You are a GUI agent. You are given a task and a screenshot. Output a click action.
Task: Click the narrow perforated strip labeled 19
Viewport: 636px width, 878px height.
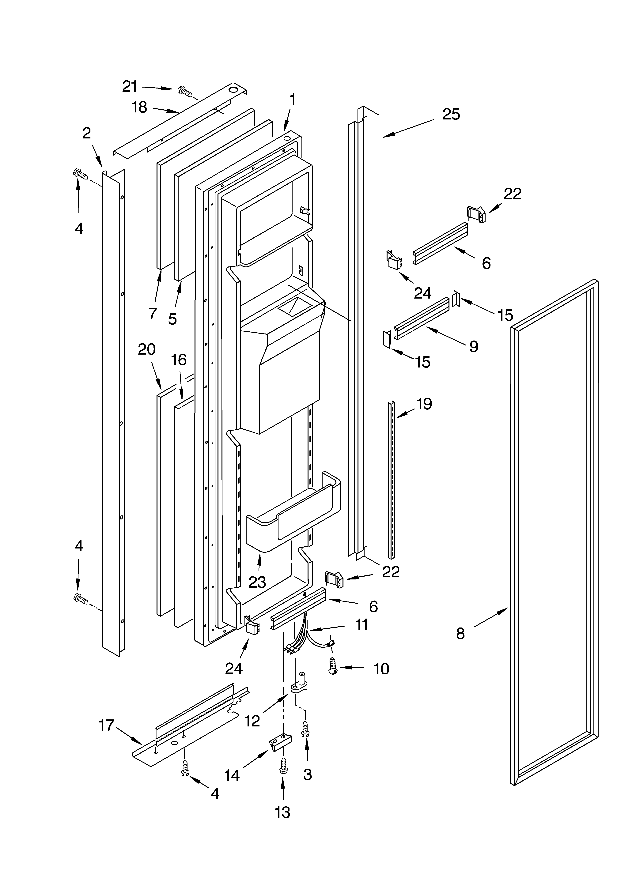tap(392, 480)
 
